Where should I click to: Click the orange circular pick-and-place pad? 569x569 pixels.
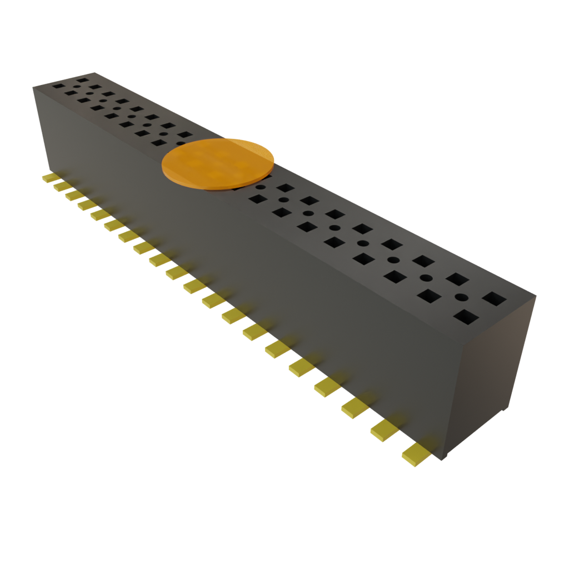coord(218,163)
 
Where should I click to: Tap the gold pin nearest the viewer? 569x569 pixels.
coord(416,454)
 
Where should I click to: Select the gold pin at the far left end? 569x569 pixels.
coord(50,177)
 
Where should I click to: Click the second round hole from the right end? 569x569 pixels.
coord(426,278)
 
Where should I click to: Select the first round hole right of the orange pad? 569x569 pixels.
coord(283,200)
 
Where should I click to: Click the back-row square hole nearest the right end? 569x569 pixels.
coord(493,299)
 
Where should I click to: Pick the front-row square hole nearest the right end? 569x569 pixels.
coord(466,317)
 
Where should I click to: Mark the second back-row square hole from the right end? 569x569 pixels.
coord(458,279)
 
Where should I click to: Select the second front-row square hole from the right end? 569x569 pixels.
coord(430,296)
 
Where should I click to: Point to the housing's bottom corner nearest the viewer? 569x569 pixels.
coord(445,460)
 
